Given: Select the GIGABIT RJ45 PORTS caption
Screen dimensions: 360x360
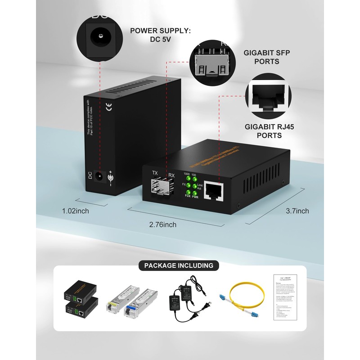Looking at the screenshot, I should pos(269,131).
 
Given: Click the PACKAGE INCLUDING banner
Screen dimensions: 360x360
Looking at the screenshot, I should pos(179,265).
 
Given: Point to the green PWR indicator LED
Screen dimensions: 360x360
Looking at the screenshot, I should pos(193,193).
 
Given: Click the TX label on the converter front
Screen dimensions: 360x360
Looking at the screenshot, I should pos(155,173).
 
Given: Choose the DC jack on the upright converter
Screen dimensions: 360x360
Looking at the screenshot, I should pos(104,177).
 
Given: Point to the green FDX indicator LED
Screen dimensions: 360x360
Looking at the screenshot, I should pos(188,193).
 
